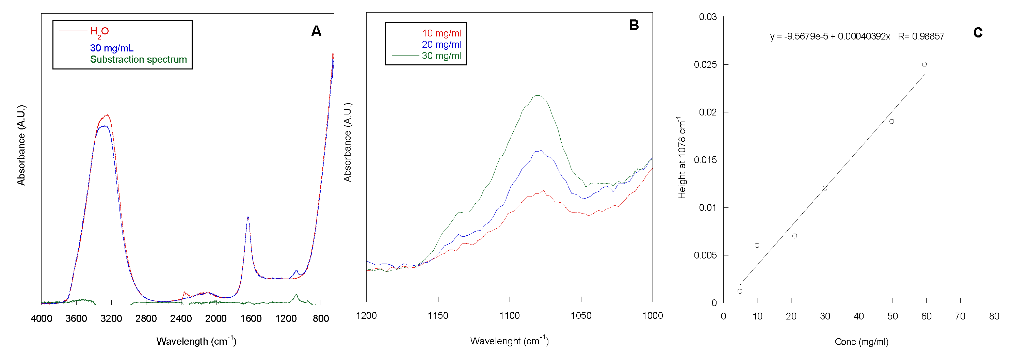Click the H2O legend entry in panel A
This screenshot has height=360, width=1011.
tap(99, 31)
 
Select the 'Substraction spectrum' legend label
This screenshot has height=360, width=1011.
tap(138, 59)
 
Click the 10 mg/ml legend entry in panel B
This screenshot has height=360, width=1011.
tap(441, 33)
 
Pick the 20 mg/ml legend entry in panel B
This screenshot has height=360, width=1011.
tap(441, 44)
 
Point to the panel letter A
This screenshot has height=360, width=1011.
tap(316, 31)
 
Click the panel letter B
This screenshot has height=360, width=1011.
tap(634, 25)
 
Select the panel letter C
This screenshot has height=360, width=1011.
tap(978, 33)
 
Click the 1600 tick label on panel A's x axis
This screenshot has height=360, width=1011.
tap(251, 318)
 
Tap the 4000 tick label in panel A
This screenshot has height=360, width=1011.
tap(42, 318)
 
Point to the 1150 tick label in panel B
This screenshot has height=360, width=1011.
tap(438, 316)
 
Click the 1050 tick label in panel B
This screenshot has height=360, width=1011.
tap(581, 316)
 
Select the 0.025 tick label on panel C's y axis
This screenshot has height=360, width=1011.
tap(705, 64)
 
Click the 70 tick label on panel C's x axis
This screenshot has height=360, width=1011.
tap(960, 316)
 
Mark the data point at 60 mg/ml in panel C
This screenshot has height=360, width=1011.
tap(924, 64)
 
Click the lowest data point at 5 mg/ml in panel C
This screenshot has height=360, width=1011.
tap(740, 291)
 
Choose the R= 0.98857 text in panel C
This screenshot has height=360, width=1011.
tap(921, 36)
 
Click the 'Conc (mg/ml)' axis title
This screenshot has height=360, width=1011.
tap(861, 342)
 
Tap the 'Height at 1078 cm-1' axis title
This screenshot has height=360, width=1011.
tap(682, 157)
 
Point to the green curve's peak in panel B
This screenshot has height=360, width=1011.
tap(538, 95)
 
